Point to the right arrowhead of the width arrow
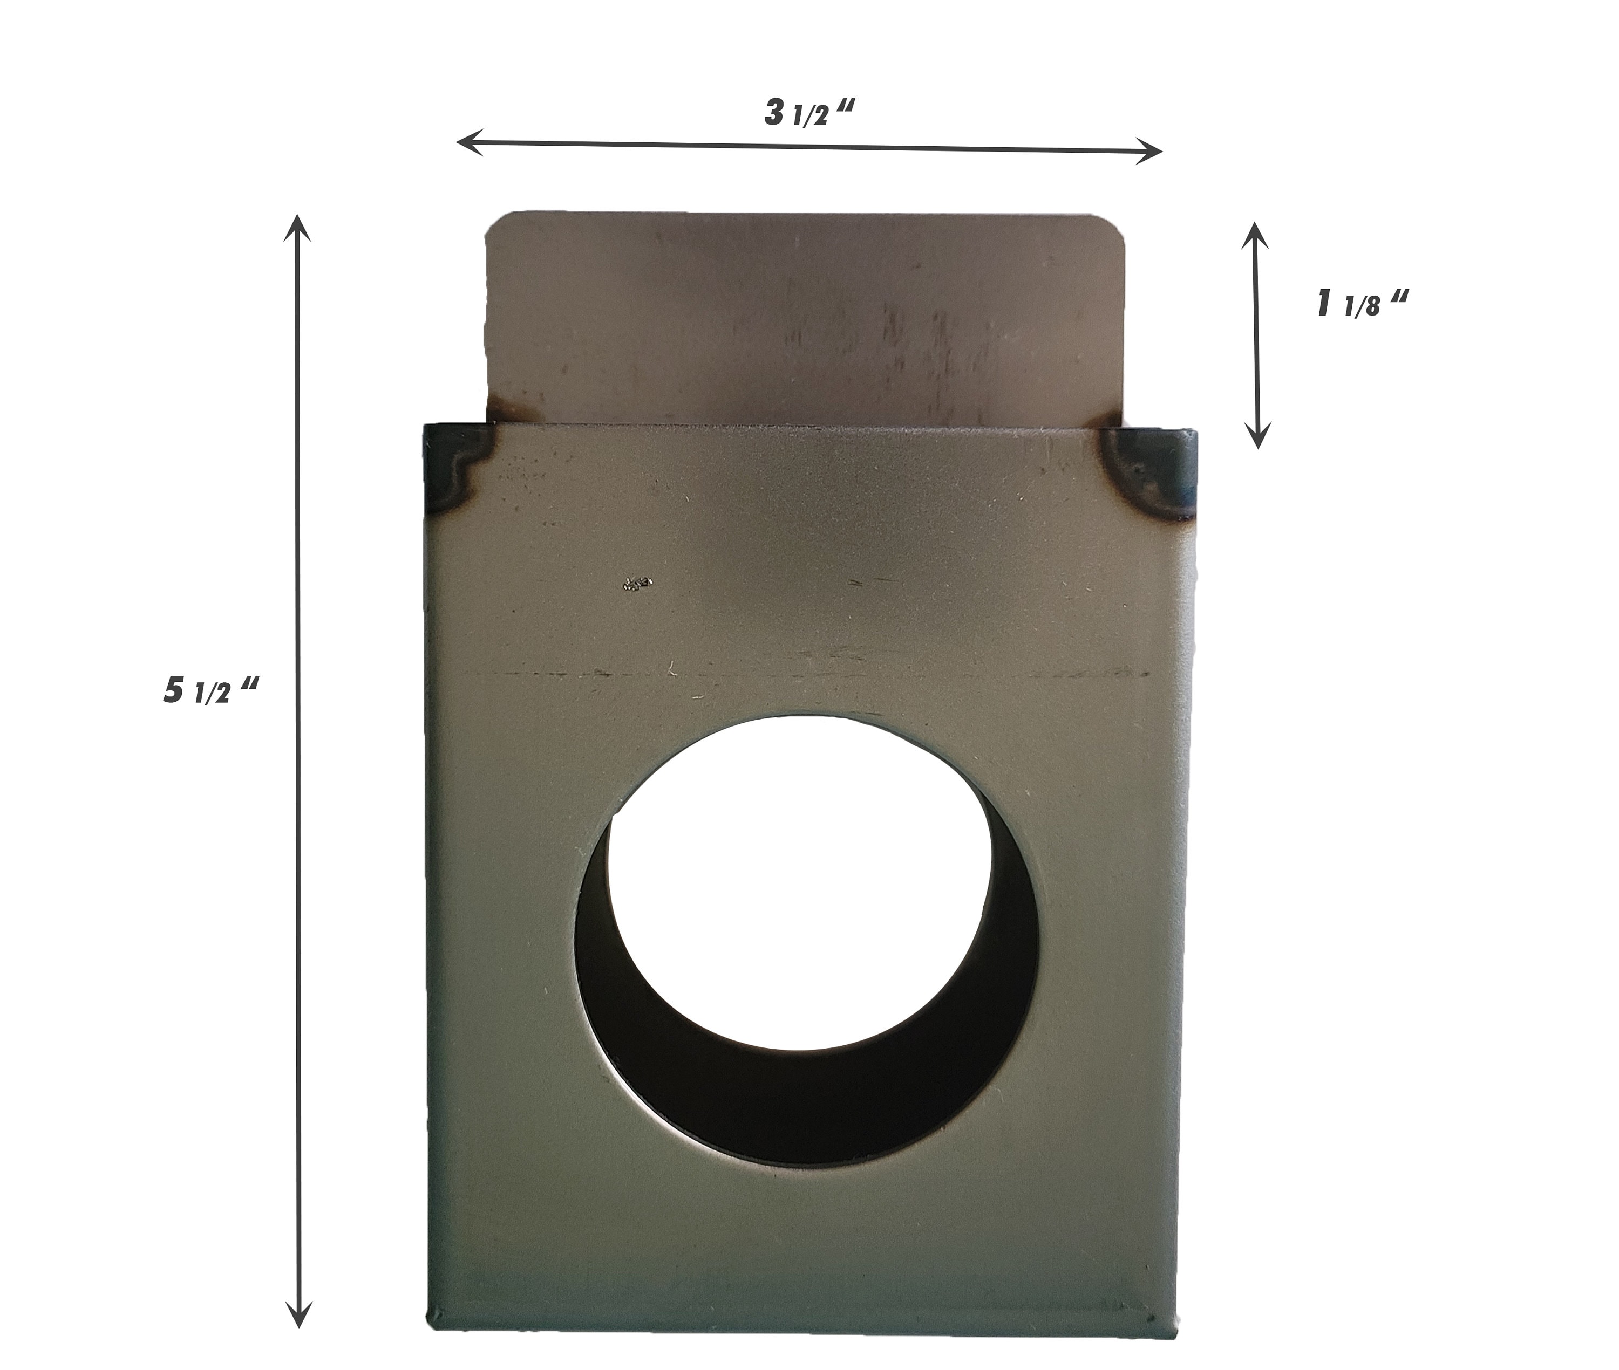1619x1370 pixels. [x=1154, y=150]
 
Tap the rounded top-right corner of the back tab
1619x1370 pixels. [x=1117, y=225]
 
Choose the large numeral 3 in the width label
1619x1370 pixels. [x=774, y=113]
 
